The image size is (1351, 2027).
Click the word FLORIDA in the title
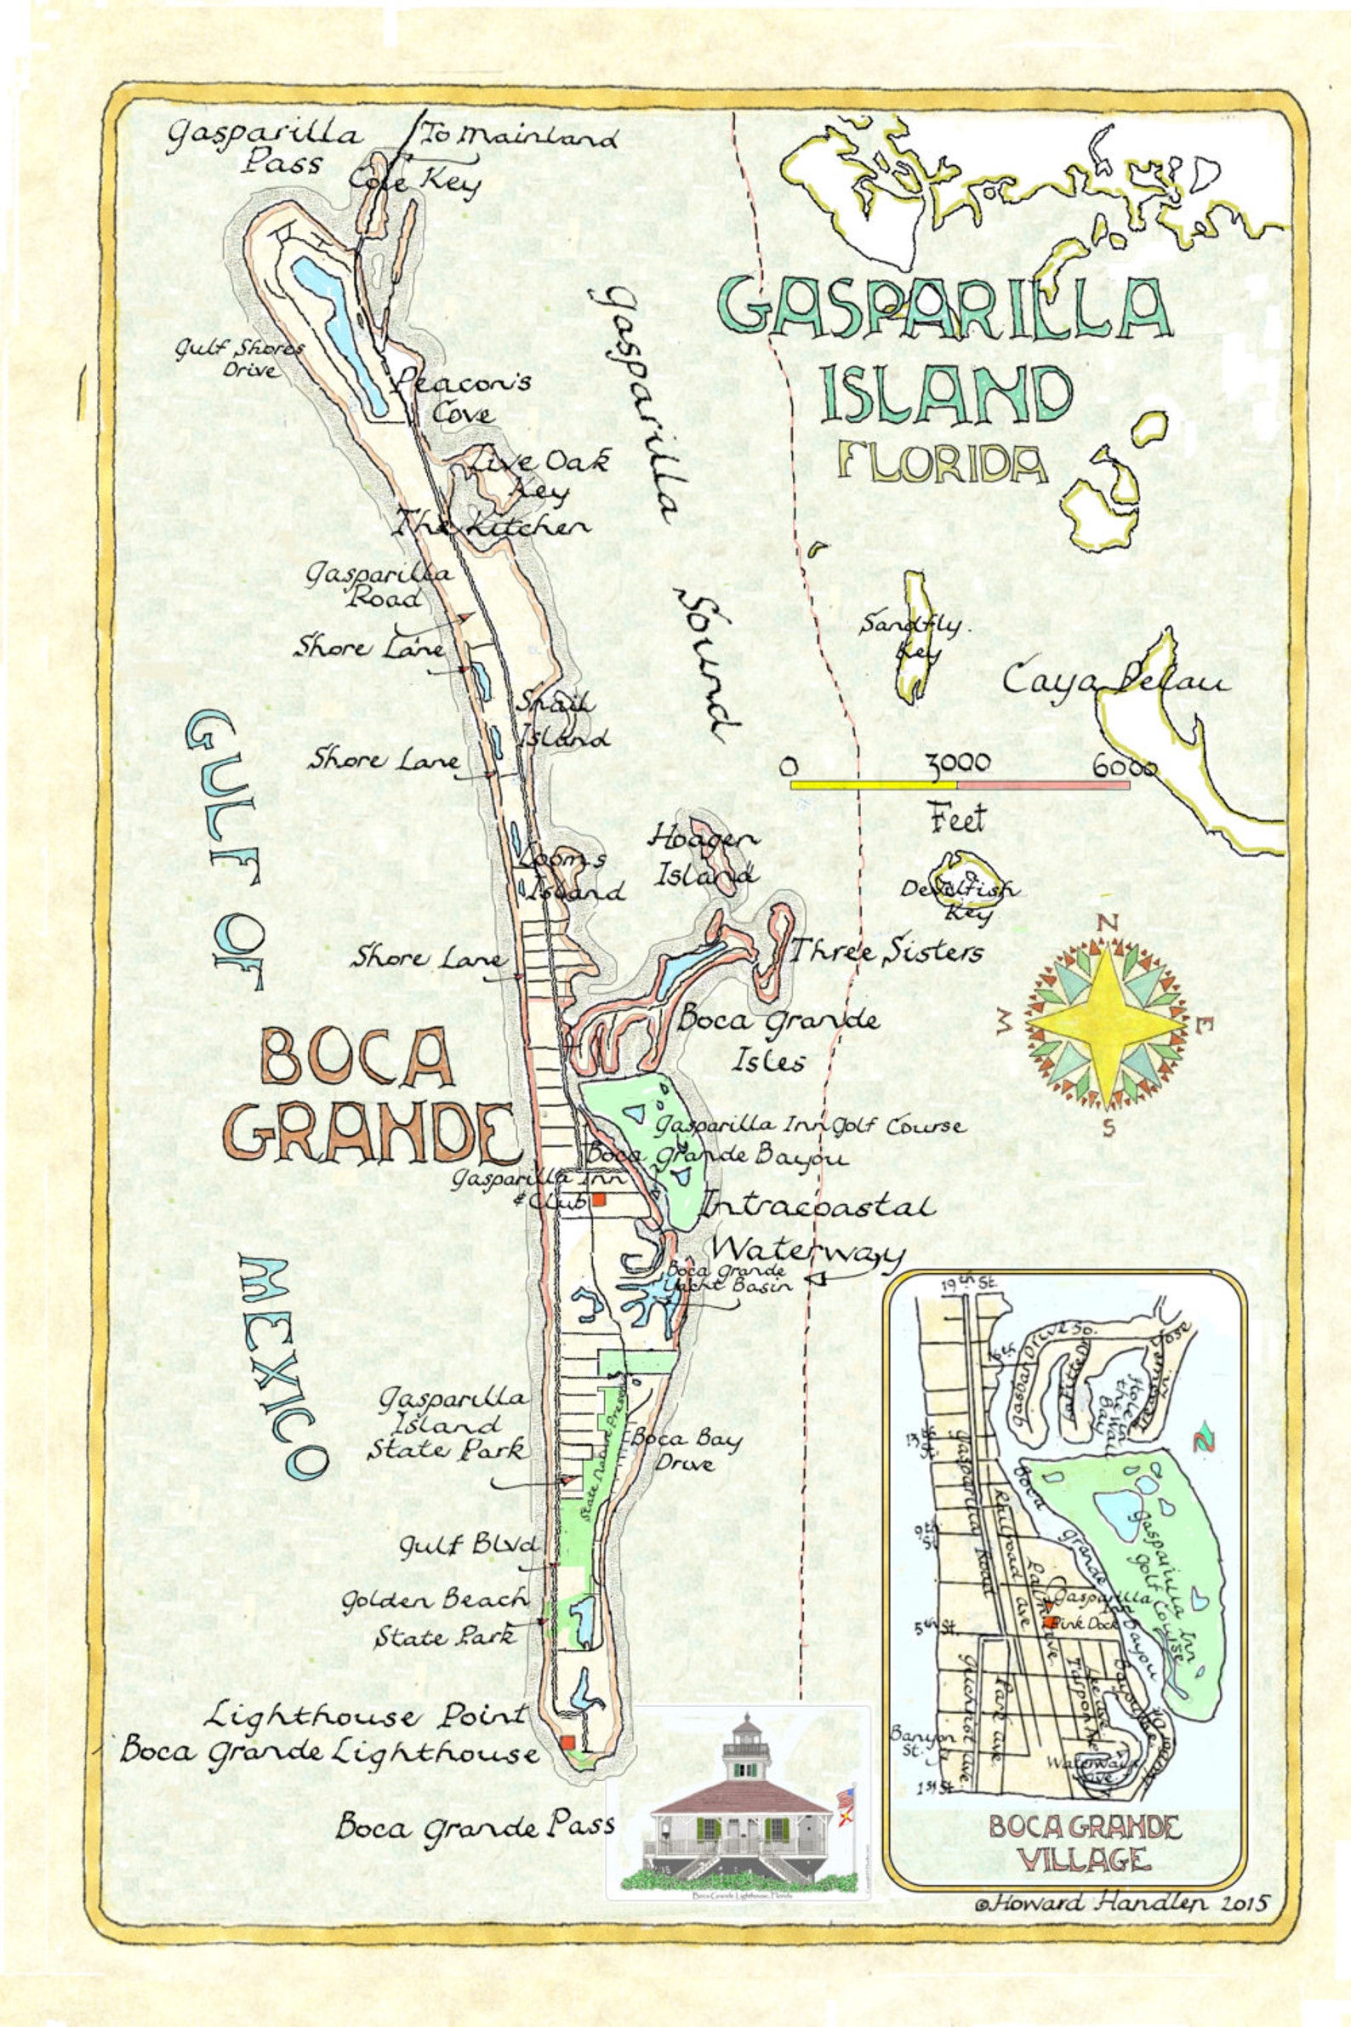[x=942, y=465]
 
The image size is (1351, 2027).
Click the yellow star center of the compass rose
[x=1106, y=1025]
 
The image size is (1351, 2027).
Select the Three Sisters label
[x=886, y=952]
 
